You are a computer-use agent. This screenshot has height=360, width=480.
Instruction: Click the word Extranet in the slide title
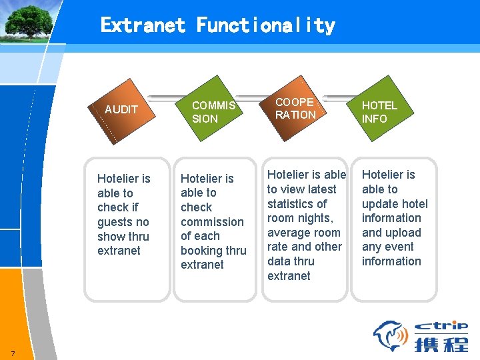click(x=143, y=26)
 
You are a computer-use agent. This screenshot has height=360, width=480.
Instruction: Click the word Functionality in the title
click(x=265, y=26)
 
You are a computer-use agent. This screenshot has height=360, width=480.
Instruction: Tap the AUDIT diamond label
click(x=121, y=109)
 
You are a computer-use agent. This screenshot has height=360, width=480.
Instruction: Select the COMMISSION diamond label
click(x=213, y=112)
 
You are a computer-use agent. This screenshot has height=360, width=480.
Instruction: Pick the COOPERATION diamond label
click(x=295, y=109)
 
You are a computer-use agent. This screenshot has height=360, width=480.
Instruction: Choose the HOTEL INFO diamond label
click(x=379, y=112)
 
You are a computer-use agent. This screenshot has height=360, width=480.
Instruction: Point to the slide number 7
click(x=13, y=353)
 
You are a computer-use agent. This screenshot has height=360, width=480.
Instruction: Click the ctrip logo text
click(x=441, y=326)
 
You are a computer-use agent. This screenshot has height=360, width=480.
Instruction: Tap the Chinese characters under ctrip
click(x=441, y=343)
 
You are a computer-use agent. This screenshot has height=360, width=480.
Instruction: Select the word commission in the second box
click(x=212, y=222)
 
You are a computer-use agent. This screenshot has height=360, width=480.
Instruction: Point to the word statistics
click(x=297, y=204)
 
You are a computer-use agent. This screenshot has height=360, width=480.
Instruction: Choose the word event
click(x=398, y=247)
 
